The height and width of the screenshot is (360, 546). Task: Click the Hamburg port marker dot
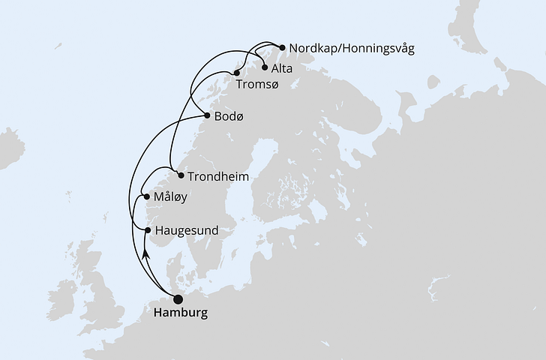178,299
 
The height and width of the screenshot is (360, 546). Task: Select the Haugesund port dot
148,230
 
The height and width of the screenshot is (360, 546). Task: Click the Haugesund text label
186,231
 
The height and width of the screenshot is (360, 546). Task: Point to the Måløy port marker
147,197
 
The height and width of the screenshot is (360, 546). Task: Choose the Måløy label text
170,197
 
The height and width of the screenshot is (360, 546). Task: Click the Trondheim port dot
181,176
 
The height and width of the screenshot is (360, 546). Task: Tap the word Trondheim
218,176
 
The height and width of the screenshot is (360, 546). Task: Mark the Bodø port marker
207,116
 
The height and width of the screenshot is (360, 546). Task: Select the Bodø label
229,117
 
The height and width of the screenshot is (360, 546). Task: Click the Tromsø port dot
237,73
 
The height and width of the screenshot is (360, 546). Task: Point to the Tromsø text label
257,85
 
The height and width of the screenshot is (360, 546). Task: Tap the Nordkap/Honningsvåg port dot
281,48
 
